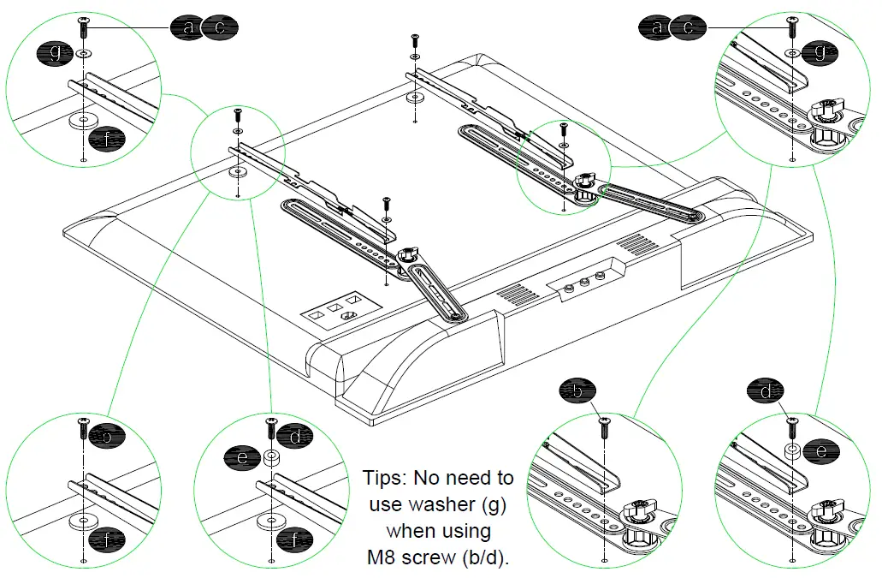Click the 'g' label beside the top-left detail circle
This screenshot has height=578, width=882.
click(56, 54)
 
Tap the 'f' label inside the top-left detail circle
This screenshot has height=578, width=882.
click(106, 137)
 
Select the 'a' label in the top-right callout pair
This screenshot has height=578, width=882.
click(657, 27)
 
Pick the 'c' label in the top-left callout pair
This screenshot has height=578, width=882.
click(221, 27)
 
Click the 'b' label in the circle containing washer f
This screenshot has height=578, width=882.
click(107, 436)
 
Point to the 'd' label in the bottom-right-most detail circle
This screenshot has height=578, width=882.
click(766, 392)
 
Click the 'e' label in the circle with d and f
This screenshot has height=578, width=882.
click(242, 458)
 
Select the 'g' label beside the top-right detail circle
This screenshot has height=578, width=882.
click(820, 53)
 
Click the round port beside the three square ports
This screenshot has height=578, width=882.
click(348, 316)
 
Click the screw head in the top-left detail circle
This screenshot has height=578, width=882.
click(83, 21)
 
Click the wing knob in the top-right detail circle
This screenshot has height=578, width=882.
click(827, 110)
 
